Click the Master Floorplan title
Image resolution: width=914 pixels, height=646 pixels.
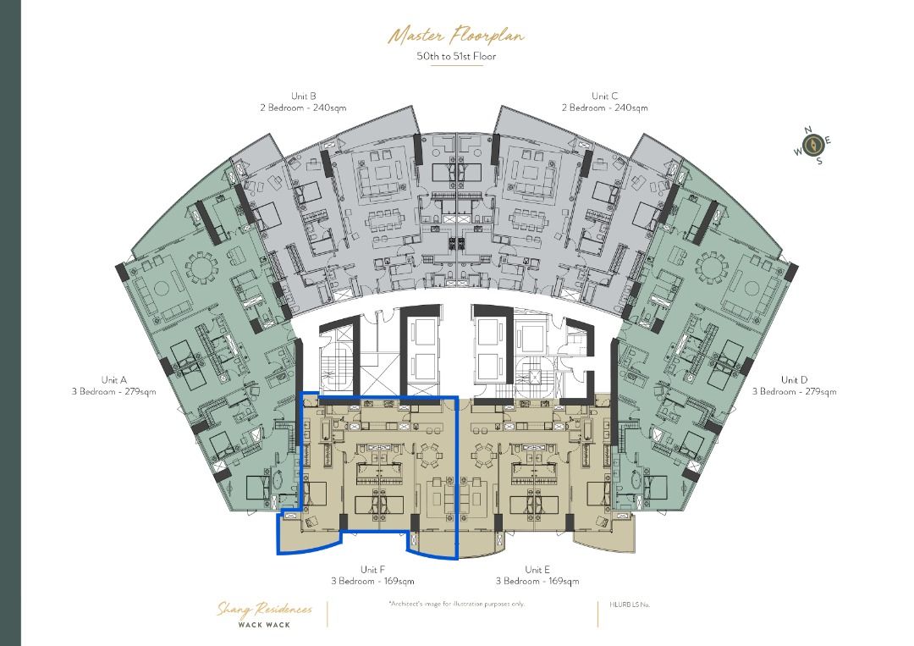[455, 36]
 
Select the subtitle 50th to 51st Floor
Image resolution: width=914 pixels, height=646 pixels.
[455, 57]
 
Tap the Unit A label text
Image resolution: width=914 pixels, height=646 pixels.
[114, 380]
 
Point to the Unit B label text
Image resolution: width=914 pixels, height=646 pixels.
[303, 97]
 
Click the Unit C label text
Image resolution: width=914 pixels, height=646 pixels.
[604, 97]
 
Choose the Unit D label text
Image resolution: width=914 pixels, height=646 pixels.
[795, 380]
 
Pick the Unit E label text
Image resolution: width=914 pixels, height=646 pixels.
[537, 570]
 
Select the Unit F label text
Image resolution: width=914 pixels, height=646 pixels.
[372, 570]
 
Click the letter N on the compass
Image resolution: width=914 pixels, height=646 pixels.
[808, 130]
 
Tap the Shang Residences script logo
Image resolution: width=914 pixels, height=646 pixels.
[264, 610]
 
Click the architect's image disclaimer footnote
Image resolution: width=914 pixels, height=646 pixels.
[456, 604]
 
